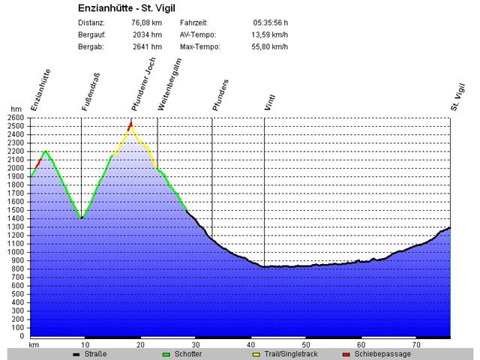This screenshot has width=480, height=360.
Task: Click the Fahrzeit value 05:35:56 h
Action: coord(271,22)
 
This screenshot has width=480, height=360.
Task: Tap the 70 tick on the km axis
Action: coord(416,345)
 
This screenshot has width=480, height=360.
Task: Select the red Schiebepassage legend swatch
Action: coord(346,354)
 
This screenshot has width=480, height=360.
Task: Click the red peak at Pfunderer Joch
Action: coord(131,124)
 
